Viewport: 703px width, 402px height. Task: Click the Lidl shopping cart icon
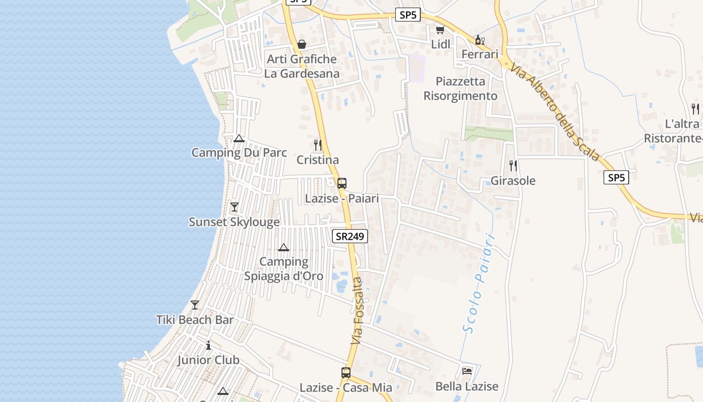[440, 30]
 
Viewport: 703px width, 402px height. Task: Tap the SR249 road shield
[350, 236]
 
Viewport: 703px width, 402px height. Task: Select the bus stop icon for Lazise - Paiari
[342, 183]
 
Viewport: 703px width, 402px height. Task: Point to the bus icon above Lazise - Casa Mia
[346, 372]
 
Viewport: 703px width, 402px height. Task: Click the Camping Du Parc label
[239, 153]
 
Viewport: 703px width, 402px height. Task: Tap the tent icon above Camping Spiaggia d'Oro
[284, 247]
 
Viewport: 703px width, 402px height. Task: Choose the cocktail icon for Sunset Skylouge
[234, 207]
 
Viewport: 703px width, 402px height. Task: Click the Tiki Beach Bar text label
[195, 320]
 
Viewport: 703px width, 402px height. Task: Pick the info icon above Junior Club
[208, 346]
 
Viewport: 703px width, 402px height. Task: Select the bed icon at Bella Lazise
[467, 372]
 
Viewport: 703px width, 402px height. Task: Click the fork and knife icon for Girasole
[513, 166]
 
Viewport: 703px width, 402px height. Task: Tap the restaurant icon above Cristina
[317, 145]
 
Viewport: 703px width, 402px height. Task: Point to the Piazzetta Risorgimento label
[460, 88]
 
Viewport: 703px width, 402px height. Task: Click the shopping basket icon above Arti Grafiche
[302, 45]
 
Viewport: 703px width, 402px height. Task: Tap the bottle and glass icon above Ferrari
[480, 40]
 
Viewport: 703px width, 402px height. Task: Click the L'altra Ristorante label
[673, 131]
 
